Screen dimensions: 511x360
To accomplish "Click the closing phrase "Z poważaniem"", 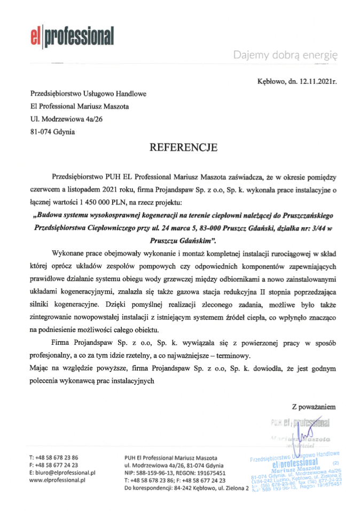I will [x=314, y=408].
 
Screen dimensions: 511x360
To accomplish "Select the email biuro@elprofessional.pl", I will [x=62, y=473].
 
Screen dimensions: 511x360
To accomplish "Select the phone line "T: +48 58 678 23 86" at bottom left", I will [x=53, y=458].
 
